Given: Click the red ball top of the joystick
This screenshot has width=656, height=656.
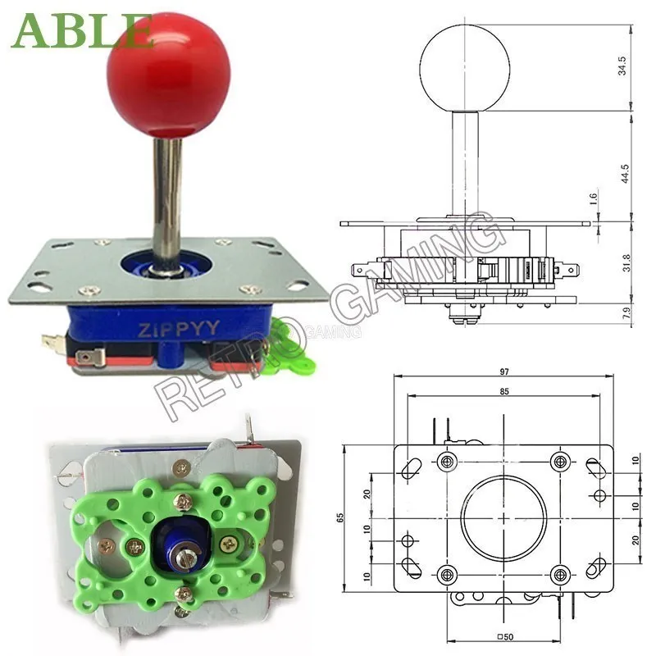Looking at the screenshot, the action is (x=169, y=75).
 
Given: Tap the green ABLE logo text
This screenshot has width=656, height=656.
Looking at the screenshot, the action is (x=82, y=30).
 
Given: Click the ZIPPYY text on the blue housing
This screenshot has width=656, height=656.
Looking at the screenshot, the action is (x=179, y=329).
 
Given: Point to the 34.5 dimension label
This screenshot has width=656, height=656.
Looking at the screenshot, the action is (x=622, y=66).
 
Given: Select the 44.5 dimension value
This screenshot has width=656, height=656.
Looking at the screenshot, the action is (x=625, y=173).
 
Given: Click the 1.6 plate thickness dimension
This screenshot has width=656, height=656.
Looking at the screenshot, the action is (x=593, y=198).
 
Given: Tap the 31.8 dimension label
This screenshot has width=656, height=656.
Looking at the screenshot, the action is (x=626, y=262).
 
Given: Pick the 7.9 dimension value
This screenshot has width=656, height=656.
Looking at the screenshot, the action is (x=626, y=312).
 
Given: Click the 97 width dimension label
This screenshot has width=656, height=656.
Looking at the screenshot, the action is (x=503, y=371).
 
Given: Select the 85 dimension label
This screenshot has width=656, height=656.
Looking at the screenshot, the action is (x=504, y=391).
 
